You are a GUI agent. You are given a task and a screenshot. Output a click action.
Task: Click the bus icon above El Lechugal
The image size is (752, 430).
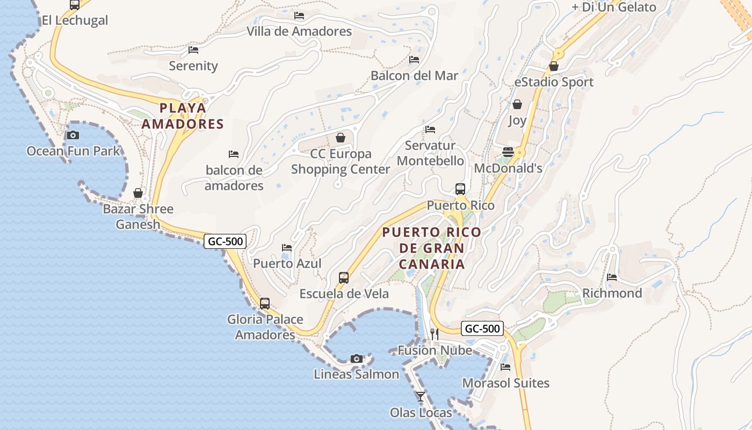coord(75,5)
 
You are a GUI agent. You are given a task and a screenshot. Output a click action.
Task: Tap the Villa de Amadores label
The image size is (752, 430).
coord(299,31)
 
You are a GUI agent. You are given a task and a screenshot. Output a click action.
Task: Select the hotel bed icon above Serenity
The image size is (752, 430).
coord(193,50)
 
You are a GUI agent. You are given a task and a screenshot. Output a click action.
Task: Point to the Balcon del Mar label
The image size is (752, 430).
coord(414,76)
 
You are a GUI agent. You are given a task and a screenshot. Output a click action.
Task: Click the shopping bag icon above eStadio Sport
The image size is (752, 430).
coord(554,66)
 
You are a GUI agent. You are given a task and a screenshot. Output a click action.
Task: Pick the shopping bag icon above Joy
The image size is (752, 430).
coord(517,104)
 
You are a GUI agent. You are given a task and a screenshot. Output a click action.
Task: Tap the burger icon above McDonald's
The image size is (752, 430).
coord(508,152)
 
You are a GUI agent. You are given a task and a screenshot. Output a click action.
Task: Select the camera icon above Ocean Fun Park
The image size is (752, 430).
coord(73,135)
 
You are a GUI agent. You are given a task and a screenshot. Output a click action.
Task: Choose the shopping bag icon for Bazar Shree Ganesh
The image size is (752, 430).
coord(138,193)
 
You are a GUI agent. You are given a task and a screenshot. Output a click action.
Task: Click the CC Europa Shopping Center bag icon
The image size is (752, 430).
coord(341,138)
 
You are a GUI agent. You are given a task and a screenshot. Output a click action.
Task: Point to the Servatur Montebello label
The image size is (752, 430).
coord(430,153)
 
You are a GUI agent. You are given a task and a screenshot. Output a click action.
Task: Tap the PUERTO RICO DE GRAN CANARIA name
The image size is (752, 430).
coord(432,248)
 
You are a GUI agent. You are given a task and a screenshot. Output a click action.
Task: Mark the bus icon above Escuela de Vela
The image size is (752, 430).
coord(344,278)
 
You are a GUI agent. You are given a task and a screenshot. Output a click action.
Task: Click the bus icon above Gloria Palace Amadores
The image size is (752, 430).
coord(265,304)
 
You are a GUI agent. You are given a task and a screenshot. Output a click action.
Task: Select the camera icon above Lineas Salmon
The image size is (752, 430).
coord(356,359)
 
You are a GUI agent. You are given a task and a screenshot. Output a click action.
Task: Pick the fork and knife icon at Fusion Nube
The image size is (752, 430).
coord(435,334)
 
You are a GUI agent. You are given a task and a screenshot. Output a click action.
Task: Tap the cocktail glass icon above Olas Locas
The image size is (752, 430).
coord(421,397)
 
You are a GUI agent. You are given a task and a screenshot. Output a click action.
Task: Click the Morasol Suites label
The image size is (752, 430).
coord(505,383)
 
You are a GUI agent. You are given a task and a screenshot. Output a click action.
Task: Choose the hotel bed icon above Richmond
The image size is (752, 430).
coord(612,277)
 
